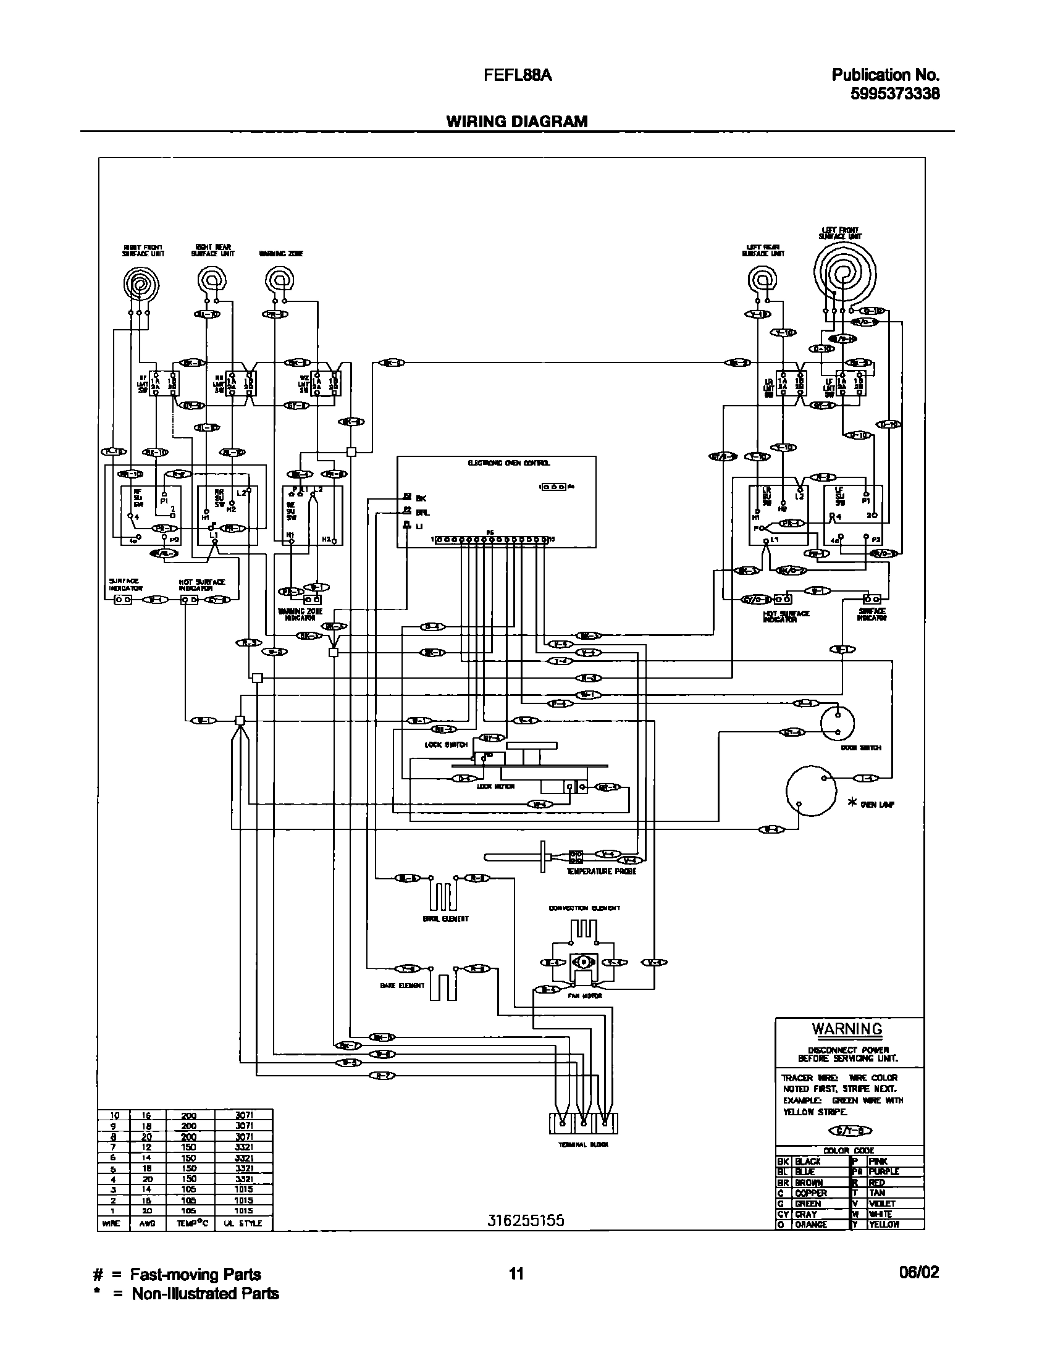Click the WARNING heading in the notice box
846,1029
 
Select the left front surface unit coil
842,272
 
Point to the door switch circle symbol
838,722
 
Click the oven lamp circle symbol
810,790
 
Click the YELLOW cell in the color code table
884,1224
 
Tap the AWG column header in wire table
148,1223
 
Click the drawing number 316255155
525,1220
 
